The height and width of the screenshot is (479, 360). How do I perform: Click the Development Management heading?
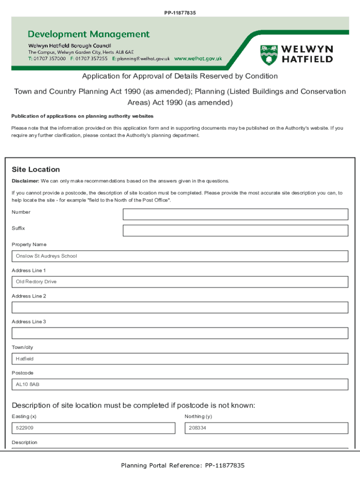[89, 34]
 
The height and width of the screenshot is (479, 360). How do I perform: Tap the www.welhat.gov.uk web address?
[198, 59]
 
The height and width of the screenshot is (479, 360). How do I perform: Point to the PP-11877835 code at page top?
[180, 13]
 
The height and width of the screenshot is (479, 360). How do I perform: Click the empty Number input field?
[235, 214]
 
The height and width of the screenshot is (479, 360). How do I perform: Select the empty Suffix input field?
[235, 231]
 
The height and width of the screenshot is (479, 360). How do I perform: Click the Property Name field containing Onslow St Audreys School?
[180, 256]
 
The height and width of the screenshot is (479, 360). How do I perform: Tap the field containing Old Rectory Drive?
[180, 282]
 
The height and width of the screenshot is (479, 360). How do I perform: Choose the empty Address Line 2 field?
[180, 307]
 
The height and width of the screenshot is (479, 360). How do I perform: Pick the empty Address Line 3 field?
[180, 333]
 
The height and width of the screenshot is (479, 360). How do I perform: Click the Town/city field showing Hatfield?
[180, 359]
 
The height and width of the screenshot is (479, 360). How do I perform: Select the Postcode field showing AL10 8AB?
[180, 385]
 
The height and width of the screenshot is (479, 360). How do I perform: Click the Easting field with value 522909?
[94, 428]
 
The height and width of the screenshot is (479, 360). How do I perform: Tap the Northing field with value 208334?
[266, 428]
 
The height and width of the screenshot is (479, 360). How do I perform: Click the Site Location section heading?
[36, 169]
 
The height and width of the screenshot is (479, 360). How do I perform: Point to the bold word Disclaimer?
[25, 181]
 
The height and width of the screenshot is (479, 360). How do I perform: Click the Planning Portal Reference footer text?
[182, 465]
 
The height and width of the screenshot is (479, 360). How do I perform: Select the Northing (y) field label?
[198, 416]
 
